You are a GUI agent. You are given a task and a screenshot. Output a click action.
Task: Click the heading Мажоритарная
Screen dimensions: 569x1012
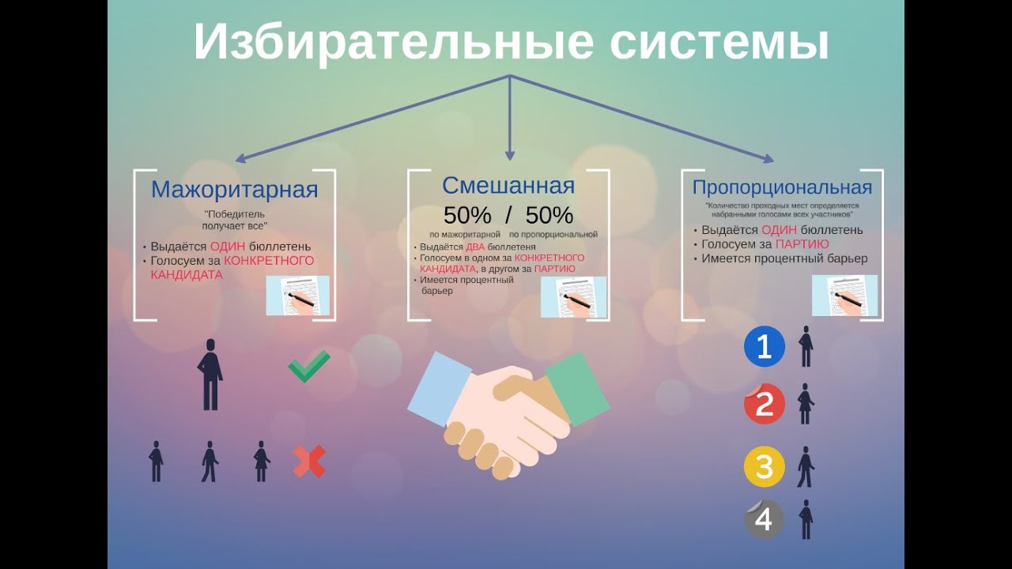pos(234,190)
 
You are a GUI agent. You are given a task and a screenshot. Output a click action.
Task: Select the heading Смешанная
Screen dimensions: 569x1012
pos(508,186)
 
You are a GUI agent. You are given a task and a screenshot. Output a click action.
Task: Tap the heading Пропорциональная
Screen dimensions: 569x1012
pos(782,187)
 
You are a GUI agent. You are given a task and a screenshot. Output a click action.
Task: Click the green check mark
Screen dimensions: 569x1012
pos(308,367)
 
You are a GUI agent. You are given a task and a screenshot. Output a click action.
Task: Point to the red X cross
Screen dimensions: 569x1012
pos(309,462)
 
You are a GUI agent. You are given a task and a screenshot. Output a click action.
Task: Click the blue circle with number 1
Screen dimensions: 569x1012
pos(765,347)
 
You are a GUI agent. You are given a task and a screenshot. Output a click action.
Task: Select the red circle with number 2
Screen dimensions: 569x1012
pos(765,404)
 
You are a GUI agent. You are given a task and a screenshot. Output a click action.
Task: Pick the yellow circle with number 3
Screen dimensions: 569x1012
pos(765,466)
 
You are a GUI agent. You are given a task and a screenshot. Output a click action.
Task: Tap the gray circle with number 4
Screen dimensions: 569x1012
pos(765,519)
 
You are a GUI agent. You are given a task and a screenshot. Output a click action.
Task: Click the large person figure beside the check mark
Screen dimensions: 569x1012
pos(210,375)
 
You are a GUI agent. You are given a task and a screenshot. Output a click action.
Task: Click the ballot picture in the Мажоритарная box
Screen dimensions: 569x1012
pos(297,296)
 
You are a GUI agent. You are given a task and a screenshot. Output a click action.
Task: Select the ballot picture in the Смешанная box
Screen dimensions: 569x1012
pos(573,297)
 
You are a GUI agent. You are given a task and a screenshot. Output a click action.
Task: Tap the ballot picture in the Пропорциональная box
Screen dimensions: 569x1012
pos(844,296)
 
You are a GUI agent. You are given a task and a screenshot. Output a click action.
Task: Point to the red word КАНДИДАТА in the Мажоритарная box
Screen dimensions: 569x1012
pos(187,275)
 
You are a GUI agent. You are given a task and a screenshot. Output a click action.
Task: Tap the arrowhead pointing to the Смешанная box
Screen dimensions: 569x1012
pos(510,155)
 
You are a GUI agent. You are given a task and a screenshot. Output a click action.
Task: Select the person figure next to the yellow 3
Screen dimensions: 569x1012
pos(805,467)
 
